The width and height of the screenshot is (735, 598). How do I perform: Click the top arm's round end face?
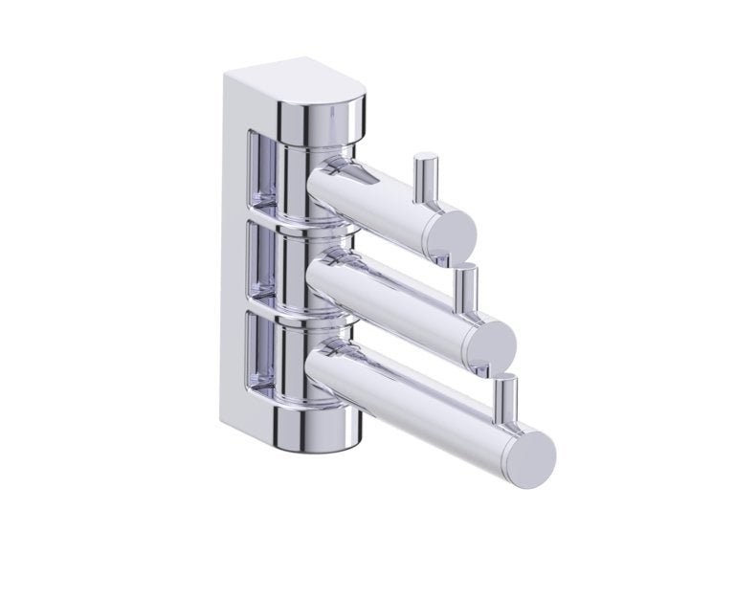click(x=450, y=233)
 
